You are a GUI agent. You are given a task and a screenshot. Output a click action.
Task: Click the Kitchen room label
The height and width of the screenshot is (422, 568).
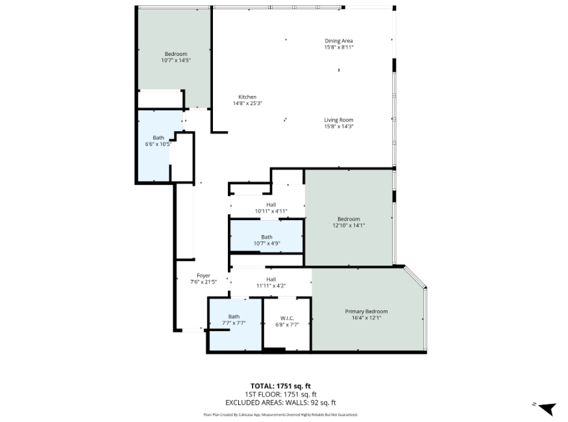click(247, 97)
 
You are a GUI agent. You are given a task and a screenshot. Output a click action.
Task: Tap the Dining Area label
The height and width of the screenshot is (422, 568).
click(339, 41)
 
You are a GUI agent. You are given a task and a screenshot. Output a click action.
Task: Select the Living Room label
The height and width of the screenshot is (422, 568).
click(339, 120)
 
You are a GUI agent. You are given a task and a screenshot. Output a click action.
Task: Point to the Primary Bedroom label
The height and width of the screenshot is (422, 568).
click(366, 312)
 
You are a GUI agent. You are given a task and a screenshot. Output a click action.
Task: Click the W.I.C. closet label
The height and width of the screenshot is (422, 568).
click(288, 318)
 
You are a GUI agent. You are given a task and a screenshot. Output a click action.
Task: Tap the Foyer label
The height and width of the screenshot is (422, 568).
click(204, 276)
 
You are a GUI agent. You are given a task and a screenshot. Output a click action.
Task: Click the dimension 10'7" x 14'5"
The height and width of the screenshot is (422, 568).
click(176, 60)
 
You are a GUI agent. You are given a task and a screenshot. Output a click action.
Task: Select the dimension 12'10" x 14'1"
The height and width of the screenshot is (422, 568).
click(349, 225)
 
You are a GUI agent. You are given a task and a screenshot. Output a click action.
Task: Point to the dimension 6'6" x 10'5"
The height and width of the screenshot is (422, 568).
click(158, 144)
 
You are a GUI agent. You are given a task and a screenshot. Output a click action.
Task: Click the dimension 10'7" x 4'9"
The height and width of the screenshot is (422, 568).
click(267, 243)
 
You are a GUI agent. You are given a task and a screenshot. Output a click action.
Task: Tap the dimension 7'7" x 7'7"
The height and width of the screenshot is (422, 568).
click(234, 323)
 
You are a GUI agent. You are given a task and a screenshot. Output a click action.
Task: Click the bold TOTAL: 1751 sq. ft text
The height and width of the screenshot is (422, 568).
click(280, 386)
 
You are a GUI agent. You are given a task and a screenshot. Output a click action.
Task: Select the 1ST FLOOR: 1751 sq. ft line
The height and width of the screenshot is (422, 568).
click(280, 395)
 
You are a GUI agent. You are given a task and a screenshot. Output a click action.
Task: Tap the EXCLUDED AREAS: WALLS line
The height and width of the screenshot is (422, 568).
click(280, 403)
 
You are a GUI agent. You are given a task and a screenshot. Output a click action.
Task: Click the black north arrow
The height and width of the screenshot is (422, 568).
click(547, 409)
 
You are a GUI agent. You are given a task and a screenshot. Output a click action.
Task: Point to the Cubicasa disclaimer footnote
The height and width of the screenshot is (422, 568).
click(280, 415)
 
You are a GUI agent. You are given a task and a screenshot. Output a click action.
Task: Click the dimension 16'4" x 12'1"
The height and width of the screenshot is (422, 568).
click(367, 318)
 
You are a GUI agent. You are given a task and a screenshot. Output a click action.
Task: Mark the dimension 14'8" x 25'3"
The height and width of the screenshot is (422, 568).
click(247, 103)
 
